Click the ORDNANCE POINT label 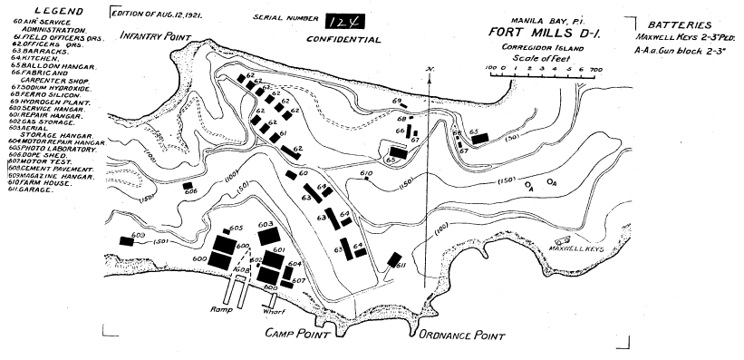coord(459,335)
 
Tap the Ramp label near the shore coord(222,309)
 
